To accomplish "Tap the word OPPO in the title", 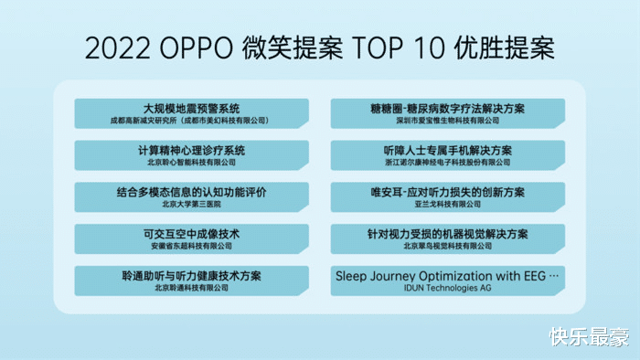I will point(196,48).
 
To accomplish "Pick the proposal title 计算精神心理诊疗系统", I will point(192,150).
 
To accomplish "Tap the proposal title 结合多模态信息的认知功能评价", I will point(192,192).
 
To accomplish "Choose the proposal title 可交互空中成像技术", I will point(192,234).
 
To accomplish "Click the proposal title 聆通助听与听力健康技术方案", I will point(192,276).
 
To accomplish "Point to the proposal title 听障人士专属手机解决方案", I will point(447,150).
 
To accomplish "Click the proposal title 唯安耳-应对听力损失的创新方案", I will point(447,192).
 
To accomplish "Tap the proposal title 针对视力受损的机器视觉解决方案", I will point(447,234).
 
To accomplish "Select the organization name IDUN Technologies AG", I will point(447,288).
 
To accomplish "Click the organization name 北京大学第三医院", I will point(192,205).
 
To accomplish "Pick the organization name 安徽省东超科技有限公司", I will point(192,247).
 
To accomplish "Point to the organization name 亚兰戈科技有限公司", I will point(447,205).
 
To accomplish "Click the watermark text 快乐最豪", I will point(589,337).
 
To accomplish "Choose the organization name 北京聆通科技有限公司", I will point(192,289).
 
